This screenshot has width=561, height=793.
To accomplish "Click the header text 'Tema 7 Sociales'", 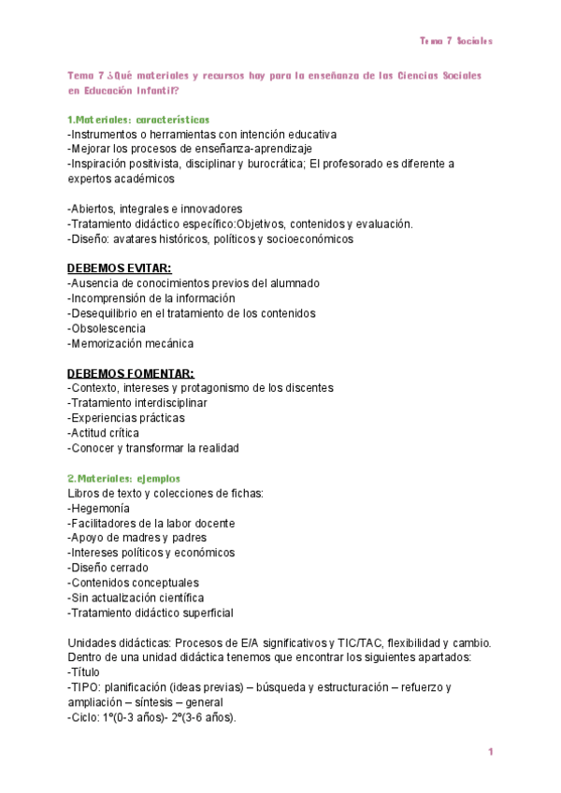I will coord(456,41).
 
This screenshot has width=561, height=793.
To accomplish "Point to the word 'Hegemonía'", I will coord(100,508).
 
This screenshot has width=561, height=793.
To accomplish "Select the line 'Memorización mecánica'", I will coord(132,343).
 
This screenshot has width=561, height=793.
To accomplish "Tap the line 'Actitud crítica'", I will coord(105,433).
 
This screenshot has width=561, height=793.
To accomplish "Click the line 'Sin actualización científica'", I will coord(137,598).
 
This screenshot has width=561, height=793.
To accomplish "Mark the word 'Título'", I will coord(86,671).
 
